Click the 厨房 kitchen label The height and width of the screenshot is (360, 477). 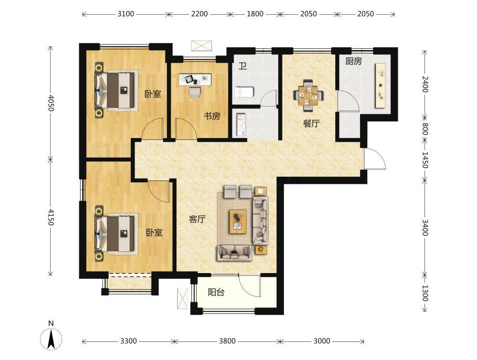click(353, 62)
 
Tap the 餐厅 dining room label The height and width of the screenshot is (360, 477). click(311, 124)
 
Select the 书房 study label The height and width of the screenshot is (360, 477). click(212, 116)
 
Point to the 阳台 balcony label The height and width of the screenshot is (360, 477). click(216, 292)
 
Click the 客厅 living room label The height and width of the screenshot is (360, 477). click(197, 219)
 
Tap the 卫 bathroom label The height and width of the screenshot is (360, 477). click(242, 66)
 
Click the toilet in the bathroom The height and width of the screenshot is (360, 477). click(244, 92)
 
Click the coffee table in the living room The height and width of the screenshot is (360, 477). click(238, 222)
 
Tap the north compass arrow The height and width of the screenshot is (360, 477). click(52, 339)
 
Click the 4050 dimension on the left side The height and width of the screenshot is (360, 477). click(51, 103)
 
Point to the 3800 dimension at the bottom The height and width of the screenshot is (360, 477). click(227, 341)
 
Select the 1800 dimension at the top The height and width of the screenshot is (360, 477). click(255, 14)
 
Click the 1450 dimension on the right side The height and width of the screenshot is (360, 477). click(425, 159)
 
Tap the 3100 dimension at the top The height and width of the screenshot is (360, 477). click(125, 14)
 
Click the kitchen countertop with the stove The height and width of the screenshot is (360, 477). click(380, 85)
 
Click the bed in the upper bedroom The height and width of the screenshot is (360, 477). click(115, 90)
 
